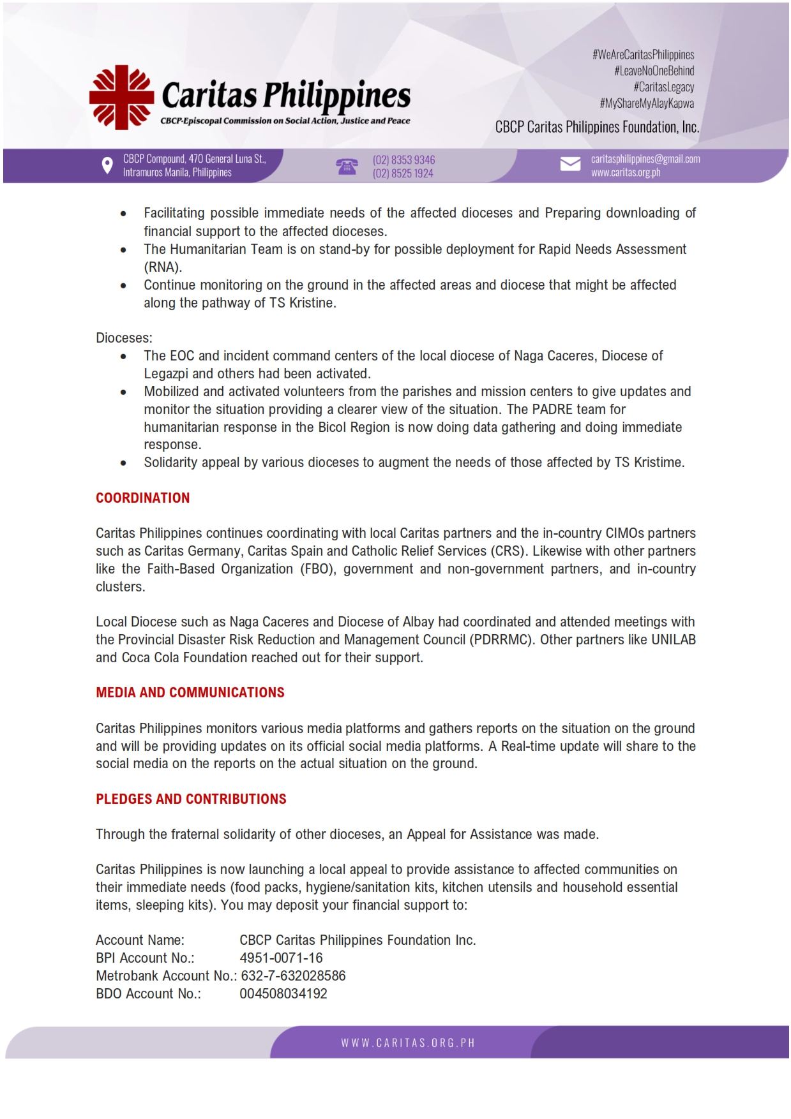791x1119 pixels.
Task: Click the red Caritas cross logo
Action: click(x=121, y=98)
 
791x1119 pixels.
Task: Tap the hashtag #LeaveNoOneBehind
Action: click(x=654, y=71)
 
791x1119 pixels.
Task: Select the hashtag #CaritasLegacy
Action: click(x=663, y=87)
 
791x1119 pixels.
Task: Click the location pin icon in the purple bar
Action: click(x=107, y=166)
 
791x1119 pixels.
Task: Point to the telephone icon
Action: click(x=347, y=167)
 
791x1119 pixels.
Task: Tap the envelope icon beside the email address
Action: click(x=570, y=165)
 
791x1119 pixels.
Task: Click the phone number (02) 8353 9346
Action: click(x=403, y=159)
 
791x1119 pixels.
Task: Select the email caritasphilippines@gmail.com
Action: click(x=645, y=159)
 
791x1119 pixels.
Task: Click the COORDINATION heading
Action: click(x=142, y=498)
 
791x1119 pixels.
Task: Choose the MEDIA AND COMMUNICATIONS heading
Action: click(x=190, y=693)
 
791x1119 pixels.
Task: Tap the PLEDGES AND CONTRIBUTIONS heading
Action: click(x=191, y=799)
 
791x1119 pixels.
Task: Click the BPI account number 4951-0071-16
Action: click(x=281, y=958)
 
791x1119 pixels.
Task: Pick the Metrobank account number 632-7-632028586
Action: click(x=293, y=976)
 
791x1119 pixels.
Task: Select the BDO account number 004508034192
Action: click(x=283, y=994)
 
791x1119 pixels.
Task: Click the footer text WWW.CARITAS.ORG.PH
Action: click(x=408, y=1043)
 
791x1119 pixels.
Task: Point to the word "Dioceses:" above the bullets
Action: click(x=124, y=338)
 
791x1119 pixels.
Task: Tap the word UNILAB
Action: click(x=673, y=640)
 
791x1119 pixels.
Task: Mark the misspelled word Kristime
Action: click(x=658, y=463)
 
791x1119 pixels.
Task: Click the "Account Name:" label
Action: click(x=140, y=940)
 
